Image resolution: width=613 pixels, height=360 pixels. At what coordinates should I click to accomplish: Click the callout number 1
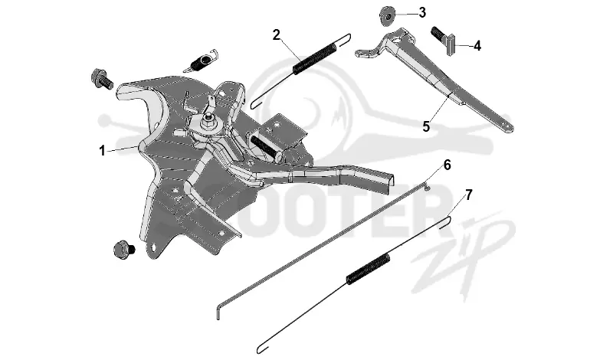102,150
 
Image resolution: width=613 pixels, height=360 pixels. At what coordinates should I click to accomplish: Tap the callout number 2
277,34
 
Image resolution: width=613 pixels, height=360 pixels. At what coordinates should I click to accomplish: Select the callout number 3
422,12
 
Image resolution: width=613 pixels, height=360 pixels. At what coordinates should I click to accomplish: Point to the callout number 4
477,46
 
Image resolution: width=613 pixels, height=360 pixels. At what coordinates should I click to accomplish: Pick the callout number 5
426,126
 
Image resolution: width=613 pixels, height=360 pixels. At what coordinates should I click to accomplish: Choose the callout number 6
447,165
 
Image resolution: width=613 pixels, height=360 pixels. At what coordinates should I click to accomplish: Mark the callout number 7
469,195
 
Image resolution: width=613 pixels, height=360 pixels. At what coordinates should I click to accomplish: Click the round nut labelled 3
386,16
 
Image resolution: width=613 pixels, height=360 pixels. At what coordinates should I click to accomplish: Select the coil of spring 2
314,59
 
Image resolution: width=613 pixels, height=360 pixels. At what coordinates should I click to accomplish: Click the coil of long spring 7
369,268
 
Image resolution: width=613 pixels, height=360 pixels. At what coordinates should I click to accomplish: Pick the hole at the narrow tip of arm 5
507,125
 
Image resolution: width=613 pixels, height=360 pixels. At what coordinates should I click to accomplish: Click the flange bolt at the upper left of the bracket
101,79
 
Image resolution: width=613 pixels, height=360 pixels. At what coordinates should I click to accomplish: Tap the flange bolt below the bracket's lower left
123,249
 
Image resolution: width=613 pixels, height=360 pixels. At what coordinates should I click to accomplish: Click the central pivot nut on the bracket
208,123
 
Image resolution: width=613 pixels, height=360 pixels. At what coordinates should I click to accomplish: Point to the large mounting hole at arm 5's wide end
398,39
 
